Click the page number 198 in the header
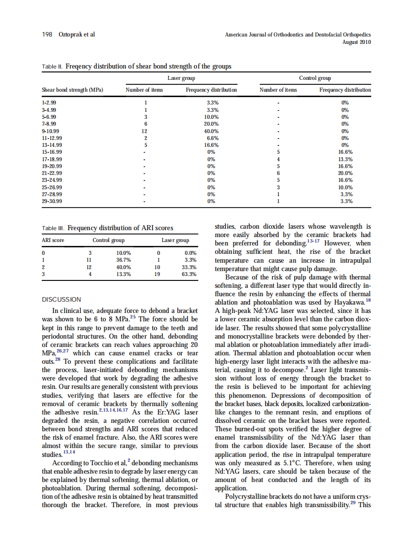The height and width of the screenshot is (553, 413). [46, 35]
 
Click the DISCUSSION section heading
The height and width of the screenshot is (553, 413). [62, 299]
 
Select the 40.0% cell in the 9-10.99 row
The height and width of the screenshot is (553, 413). [212, 131]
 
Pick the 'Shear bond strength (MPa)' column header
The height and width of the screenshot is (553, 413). [72, 90]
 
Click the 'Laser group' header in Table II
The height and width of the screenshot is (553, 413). [181, 78]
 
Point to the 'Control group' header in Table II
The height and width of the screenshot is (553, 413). [315, 78]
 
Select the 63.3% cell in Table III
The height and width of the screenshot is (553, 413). [189, 274]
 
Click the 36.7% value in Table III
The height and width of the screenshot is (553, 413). [123, 259]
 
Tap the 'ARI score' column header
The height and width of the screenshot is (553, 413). [53, 241]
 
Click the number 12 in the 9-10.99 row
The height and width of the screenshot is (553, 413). [144, 131]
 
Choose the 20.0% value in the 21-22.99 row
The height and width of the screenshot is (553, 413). [345, 173]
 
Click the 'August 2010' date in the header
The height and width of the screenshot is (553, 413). [356, 42]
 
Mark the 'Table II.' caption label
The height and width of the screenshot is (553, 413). [53, 67]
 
